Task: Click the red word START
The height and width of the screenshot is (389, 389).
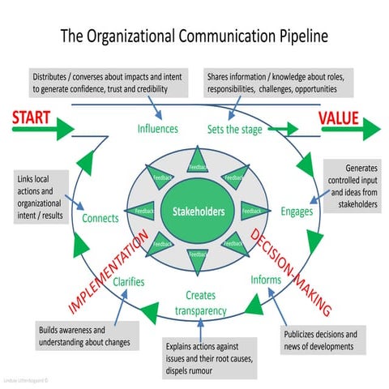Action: (x=32, y=119)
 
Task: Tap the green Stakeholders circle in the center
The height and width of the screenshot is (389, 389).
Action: (x=194, y=212)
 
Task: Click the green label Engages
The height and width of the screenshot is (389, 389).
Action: (x=297, y=212)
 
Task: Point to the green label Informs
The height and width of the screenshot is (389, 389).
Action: (x=266, y=280)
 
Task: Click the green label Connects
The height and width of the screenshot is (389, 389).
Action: (x=100, y=218)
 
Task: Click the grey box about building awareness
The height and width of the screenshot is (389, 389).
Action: (x=83, y=336)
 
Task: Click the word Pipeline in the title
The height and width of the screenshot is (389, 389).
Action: (x=294, y=37)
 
